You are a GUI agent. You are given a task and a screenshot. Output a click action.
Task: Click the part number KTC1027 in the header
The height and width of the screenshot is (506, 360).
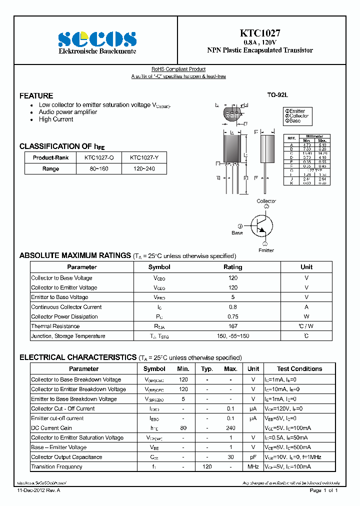260,33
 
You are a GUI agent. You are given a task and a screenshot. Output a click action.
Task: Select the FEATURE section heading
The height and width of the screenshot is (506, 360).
36,95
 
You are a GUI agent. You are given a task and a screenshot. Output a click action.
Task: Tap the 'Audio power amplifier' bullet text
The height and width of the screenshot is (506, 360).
68,112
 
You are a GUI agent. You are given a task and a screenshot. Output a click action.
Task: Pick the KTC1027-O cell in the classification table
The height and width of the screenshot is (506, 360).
99,157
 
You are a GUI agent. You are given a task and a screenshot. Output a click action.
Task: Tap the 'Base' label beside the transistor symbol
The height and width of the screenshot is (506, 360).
237,233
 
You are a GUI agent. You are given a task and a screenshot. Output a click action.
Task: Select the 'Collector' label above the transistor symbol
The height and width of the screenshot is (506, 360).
266,201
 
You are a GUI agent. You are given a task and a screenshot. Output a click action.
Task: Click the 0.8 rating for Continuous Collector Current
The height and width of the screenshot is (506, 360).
232,307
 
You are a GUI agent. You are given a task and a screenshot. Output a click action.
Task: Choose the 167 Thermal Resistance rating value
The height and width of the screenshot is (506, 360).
232,326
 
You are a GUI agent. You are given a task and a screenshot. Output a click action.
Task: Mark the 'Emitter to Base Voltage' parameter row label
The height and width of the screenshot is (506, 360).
59,297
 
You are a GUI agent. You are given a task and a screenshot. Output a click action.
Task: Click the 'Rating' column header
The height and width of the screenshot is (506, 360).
232,267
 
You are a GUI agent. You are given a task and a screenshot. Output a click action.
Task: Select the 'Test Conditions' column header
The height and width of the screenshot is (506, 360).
299,369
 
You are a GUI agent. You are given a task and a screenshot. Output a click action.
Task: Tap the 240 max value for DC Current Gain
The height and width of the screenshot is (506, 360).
230,428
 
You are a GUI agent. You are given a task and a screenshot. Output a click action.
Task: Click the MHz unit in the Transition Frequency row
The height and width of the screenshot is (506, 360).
253,467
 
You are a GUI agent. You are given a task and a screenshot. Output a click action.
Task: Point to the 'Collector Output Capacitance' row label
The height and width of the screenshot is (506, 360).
66,457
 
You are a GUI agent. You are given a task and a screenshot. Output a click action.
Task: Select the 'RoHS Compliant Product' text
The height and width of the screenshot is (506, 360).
178,69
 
